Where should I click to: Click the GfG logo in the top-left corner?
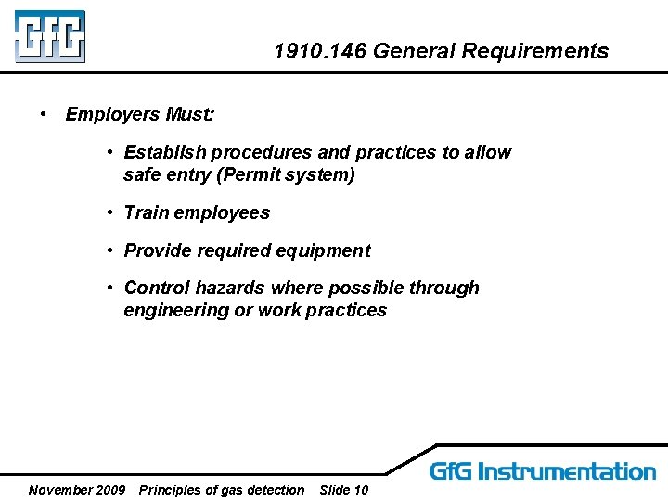click(50, 36)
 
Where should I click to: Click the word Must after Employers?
click(188, 115)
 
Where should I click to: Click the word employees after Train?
click(223, 213)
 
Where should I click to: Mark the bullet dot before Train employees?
click(109, 212)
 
